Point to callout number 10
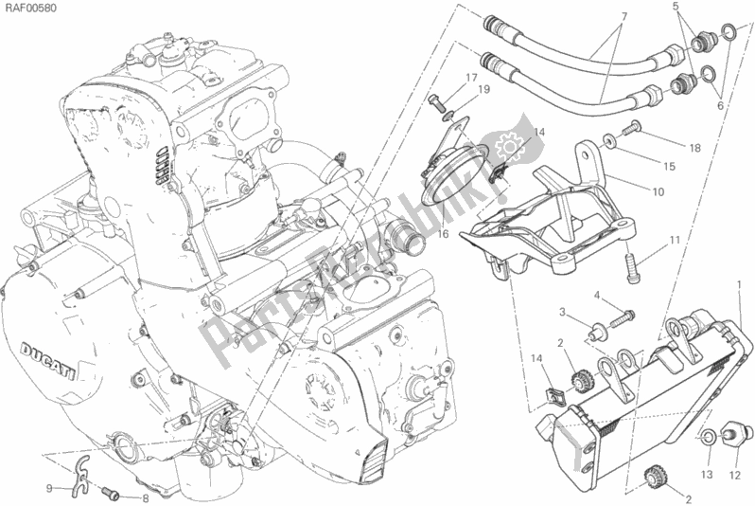click(x=657, y=191)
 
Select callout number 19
click(x=483, y=90)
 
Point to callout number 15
click(x=668, y=167)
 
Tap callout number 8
click(x=145, y=498)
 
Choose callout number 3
click(x=561, y=312)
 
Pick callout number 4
click(x=598, y=297)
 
